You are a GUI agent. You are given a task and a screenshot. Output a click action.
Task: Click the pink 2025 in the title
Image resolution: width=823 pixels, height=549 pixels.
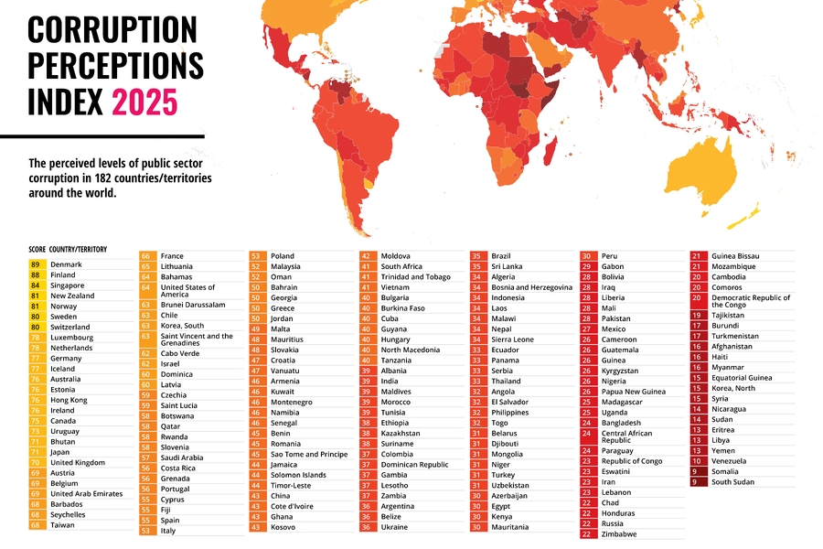(144, 102)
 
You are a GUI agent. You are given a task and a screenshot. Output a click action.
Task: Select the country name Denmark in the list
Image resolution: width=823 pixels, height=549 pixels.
(66, 264)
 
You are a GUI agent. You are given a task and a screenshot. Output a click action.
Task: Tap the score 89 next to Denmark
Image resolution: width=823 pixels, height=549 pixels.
(35, 264)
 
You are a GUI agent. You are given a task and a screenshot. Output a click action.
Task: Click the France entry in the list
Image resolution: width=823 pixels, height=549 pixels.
(172, 256)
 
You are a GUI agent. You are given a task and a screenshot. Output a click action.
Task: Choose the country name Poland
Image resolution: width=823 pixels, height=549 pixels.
(283, 256)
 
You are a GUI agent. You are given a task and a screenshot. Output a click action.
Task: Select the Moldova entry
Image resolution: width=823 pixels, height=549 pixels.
(396, 256)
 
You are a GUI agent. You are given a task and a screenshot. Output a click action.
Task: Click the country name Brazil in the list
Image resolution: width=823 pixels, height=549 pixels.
(501, 256)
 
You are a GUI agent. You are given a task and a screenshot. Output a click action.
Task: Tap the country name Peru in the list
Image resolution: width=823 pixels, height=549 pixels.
(610, 256)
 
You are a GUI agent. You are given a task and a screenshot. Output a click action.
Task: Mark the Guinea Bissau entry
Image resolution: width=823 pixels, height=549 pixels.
(735, 256)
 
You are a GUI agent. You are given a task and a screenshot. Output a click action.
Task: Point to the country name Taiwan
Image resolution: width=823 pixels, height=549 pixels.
(63, 525)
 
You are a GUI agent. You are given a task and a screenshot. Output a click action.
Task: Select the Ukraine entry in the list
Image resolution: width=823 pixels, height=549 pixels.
(395, 527)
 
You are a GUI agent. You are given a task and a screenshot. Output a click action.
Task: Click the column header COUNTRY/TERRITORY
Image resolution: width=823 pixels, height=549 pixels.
(79, 249)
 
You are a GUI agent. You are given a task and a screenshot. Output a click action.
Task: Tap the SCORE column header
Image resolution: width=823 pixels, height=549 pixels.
(37, 249)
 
